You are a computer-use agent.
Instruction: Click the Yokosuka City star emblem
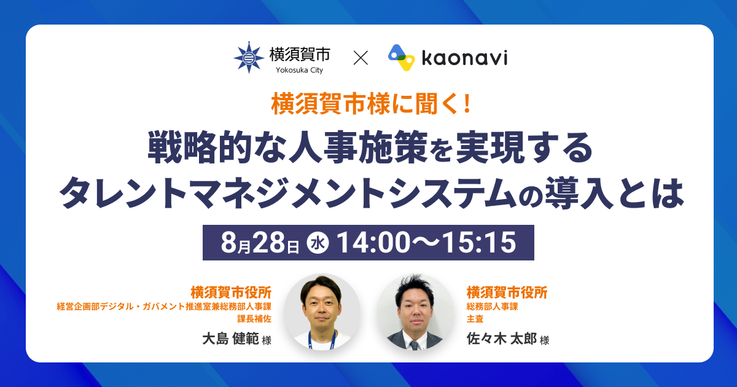pos(249,57)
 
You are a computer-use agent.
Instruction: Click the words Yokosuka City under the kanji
pos(300,70)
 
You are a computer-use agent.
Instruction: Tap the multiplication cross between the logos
pos(361,58)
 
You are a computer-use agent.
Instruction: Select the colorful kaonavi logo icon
pos(401,58)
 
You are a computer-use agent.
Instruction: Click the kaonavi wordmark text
pos(464,58)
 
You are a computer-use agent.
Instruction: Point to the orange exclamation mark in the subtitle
pos(467,104)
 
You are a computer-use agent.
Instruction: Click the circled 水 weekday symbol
pos(318,243)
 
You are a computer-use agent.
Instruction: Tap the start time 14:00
pos(374,243)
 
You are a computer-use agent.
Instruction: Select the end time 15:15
pos(479,243)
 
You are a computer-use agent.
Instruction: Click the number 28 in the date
pos(268,243)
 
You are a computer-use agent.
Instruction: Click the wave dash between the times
pos(427,243)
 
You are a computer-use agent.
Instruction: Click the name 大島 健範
pos(231,338)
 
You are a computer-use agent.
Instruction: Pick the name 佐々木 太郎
pos(502,338)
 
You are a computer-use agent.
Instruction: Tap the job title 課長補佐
pos(254,319)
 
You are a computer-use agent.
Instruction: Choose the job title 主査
pos(475,319)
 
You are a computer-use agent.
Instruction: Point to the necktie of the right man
pos(414,345)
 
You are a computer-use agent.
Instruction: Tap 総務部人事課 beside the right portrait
pos(492,307)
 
